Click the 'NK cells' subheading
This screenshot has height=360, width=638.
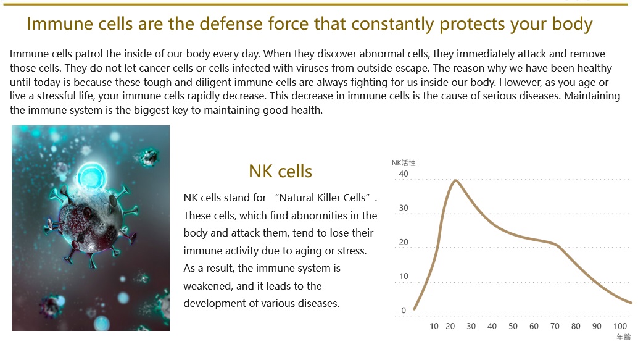(280, 172)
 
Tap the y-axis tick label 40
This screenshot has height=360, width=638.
(404, 174)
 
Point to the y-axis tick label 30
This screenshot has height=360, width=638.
(404, 208)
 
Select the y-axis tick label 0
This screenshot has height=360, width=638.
(404, 311)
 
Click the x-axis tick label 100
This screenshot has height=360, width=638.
(620, 326)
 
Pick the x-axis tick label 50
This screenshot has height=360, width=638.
(513, 326)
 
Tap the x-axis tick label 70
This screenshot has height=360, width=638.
(555, 326)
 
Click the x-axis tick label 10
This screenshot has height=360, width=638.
(434, 326)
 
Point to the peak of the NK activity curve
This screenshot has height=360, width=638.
(456, 180)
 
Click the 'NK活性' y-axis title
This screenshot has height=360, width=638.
(404, 163)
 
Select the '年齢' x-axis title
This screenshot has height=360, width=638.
(623, 337)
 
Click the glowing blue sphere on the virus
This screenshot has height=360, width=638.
(93, 177)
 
